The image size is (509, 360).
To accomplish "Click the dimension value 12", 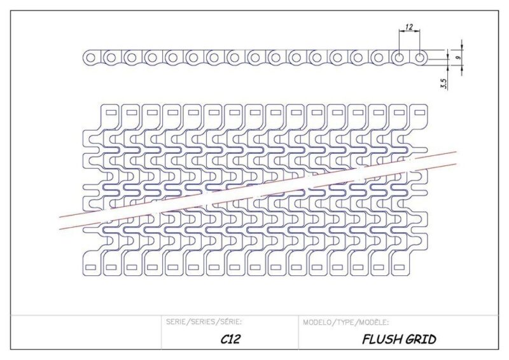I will [x=409, y=27].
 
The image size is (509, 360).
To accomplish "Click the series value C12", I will [x=230, y=339].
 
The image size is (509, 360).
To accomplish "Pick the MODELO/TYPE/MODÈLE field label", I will [x=346, y=322].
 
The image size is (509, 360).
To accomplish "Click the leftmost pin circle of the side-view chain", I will [x=90, y=58].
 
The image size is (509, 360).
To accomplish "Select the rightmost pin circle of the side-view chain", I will [x=420, y=58].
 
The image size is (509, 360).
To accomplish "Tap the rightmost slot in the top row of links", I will [x=399, y=113].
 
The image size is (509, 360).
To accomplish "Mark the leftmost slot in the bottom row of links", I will [x=90, y=265].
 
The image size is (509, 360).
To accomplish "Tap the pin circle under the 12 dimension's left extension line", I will [x=399, y=58].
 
